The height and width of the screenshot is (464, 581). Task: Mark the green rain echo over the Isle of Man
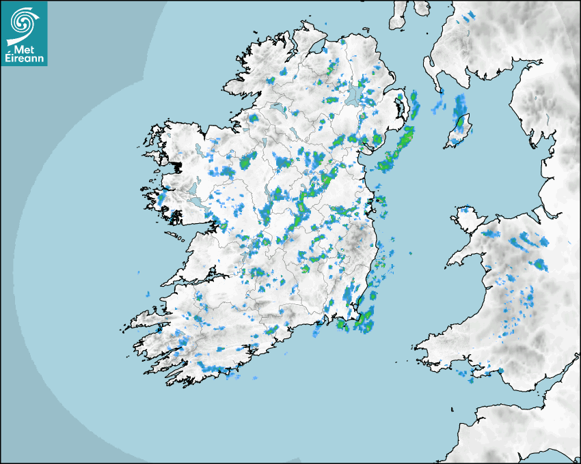[461, 124]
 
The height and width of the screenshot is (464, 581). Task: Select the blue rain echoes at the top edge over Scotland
[469, 16]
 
